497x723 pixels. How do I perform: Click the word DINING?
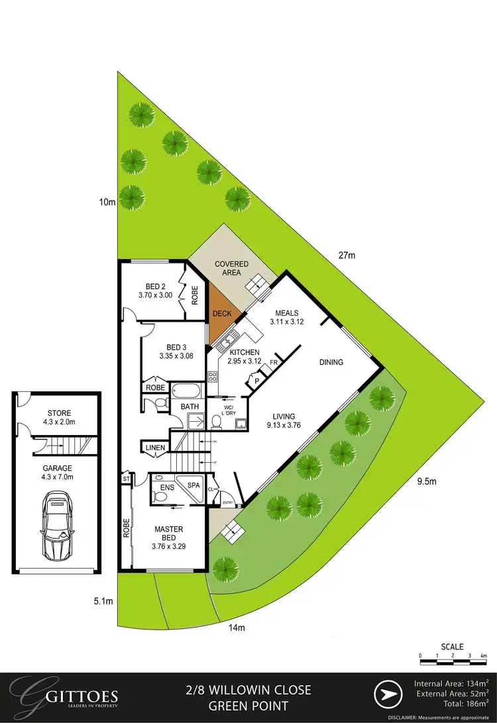point(331,362)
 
